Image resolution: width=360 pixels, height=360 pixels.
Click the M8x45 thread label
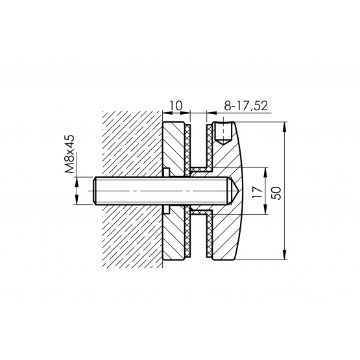[70, 154]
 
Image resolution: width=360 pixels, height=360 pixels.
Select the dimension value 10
[176, 106]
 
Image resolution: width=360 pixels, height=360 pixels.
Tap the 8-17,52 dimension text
[246, 106]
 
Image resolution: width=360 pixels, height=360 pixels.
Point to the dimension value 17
[257, 193]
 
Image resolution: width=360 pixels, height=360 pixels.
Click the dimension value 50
[276, 193]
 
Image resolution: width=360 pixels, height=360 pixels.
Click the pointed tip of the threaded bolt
[240, 191]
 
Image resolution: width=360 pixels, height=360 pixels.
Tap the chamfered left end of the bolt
[95, 191]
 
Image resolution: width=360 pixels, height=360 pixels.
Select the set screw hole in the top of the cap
[222, 133]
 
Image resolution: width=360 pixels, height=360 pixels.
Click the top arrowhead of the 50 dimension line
[285, 126]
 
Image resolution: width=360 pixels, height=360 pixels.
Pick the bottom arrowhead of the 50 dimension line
[285, 255]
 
